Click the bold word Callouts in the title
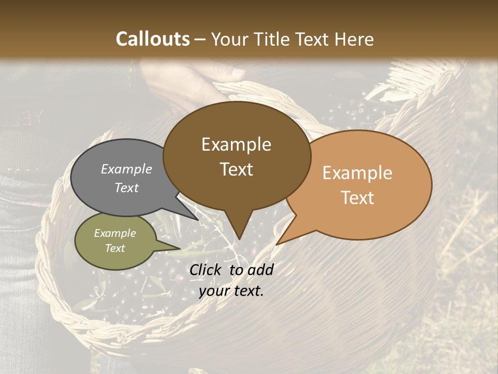[153, 39]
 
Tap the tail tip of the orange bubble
[277, 244]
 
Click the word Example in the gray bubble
[126, 169]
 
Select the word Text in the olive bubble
[115, 248]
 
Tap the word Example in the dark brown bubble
[236, 144]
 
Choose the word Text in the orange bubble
[357, 198]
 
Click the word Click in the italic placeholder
[206, 270]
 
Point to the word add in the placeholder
[260, 270]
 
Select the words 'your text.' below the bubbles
[231, 291]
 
